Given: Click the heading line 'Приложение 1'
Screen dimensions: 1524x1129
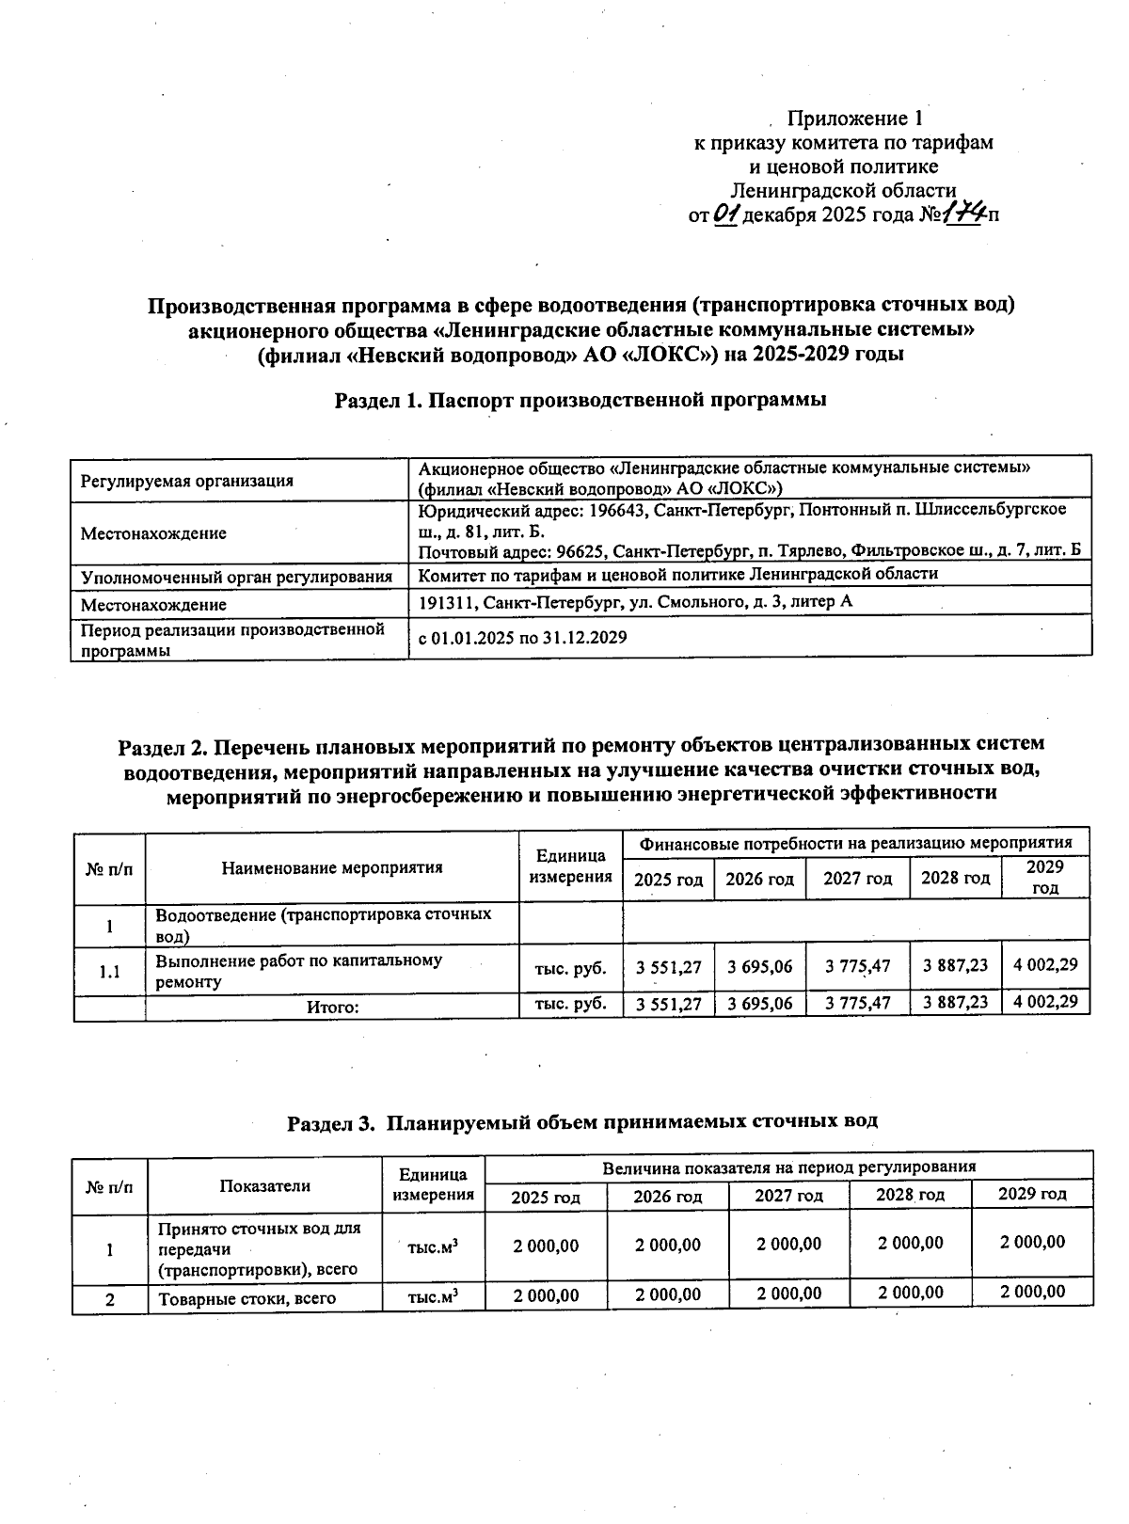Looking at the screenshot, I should pyautogui.click(x=854, y=119).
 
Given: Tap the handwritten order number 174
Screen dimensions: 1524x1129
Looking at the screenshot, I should pyautogui.click(x=963, y=214).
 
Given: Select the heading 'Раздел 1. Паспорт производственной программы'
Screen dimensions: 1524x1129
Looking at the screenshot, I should pyautogui.click(x=580, y=400).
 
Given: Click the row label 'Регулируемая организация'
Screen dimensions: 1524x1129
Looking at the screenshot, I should pyautogui.click(x=186, y=481).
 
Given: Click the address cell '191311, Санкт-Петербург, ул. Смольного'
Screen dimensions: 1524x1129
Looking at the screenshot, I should pyautogui.click(x=635, y=601).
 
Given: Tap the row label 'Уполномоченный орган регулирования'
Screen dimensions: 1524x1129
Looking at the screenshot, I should pyautogui.click(x=236, y=577).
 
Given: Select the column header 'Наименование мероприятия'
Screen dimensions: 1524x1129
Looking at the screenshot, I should pyautogui.click(x=332, y=867).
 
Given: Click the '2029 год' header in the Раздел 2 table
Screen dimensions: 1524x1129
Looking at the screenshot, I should pyautogui.click(x=1044, y=877).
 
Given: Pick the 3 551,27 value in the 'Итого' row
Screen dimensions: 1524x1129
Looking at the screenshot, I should pyautogui.click(x=669, y=1004).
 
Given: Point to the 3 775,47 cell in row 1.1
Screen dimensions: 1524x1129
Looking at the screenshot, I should pyautogui.click(x=857, y=966).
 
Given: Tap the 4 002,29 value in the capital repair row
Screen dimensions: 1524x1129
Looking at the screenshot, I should pyautogui.click(x=1045, y=965).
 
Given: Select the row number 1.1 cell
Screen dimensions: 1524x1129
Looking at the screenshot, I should pyautogui.click(x=110, y=972).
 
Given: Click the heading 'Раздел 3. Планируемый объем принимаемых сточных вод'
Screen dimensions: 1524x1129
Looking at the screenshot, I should pyautogui.click(x=581, y=1121).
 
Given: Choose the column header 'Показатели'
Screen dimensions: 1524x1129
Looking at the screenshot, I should pyautogui.click(x=264, y=1185).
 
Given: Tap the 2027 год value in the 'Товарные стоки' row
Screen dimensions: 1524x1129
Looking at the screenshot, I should pyautogui.click(x=788, y=1294).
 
